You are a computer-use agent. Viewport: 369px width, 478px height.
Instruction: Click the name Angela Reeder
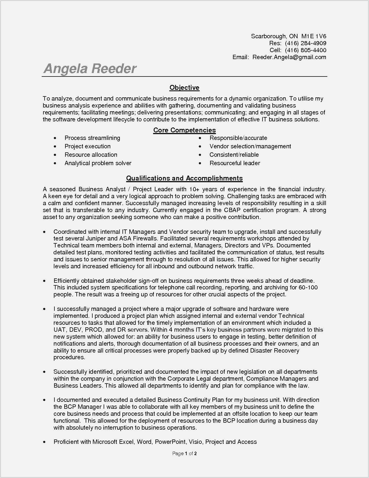click(x=90, y=69)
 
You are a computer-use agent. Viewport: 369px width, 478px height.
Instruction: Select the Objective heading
click(x=184, y=87)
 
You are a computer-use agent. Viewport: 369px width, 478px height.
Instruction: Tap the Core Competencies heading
click(x=184, y=130)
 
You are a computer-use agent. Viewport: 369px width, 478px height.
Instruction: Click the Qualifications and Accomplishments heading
click(x=184, y=178)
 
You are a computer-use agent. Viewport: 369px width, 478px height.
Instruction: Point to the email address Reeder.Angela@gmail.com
click(x=289, y=57)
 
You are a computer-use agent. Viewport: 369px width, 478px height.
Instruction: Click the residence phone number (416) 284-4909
click(x=305, y=43)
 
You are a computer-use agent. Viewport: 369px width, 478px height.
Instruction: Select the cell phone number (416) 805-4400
click(x=305, y=50)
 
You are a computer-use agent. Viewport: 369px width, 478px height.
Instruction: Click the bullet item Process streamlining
click(x=92, y=138)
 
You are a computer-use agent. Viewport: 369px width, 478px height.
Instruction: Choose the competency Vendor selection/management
click(x=250, y=146)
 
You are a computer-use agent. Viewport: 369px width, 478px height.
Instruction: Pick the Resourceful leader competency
click(x=235, y=163)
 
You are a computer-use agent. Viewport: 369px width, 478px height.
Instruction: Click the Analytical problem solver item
click(x=98, y=163)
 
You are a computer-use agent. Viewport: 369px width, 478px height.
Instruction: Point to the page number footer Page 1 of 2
click(x=184, y=453)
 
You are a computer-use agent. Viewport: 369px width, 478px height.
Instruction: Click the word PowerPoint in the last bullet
click(x=170, y=442)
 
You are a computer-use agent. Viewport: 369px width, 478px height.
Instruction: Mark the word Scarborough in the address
click(x=269, y=36)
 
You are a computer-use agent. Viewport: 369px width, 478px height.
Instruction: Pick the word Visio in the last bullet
click(x=195, y=442)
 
